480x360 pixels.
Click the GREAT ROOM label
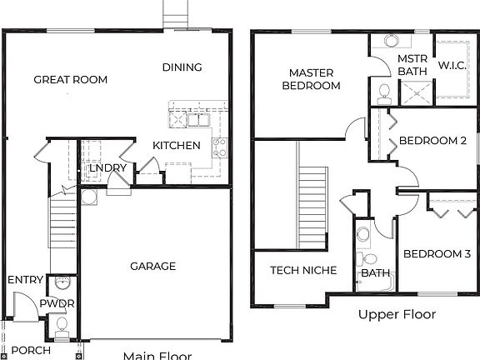point(71,80)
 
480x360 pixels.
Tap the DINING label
point(182,67)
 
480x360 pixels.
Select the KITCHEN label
point(176,146)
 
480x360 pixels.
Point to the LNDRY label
point(107,168)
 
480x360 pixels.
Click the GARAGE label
point(152,267)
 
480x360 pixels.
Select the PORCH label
point(31,350)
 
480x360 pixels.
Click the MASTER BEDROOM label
point(311,79)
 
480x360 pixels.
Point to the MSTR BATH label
point(412,66)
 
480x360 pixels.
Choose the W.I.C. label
point(452,65)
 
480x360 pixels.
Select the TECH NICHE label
point(303,270)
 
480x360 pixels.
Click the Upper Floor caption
point(397,314)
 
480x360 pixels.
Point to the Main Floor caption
point(157,356)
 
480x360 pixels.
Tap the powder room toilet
point(61,333)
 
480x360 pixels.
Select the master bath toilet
point(384,89)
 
